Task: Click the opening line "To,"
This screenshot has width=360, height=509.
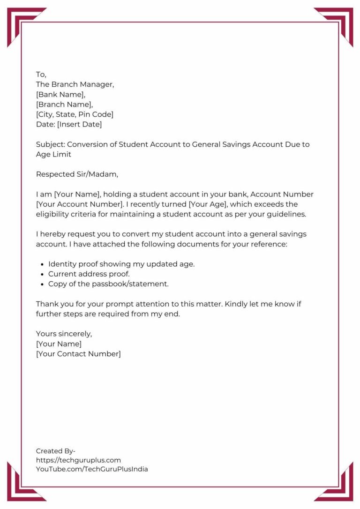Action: (41, 75)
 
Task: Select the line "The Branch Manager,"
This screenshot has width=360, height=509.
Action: (75, 84)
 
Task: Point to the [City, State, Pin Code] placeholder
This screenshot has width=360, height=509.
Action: (75, 114)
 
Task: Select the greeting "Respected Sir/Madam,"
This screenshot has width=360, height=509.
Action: (77, 174)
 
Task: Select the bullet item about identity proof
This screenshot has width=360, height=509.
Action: (121, 264)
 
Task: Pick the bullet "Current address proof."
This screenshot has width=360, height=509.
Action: (89, 274)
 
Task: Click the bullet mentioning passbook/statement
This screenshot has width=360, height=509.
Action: (108, 284)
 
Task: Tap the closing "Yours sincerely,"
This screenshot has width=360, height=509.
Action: (64, 334)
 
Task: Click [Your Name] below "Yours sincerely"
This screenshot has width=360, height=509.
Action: (59, 344)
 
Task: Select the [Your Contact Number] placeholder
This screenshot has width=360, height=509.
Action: (78, 354)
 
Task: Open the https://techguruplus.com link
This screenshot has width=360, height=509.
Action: (78, 460)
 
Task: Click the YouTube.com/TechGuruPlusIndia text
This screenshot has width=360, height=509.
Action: (92, 469)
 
